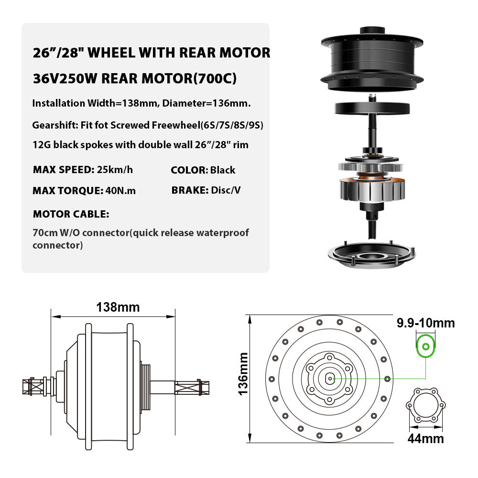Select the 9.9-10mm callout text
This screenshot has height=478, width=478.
click(425, 323)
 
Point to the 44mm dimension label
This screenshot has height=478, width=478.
click(425, 438)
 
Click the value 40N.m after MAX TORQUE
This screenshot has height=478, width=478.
click(119, 191)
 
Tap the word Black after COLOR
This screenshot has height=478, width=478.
click(223, 170)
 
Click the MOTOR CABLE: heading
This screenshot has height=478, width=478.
click(71, 213)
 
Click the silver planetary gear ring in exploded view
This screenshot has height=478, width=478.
click(371, 168)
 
